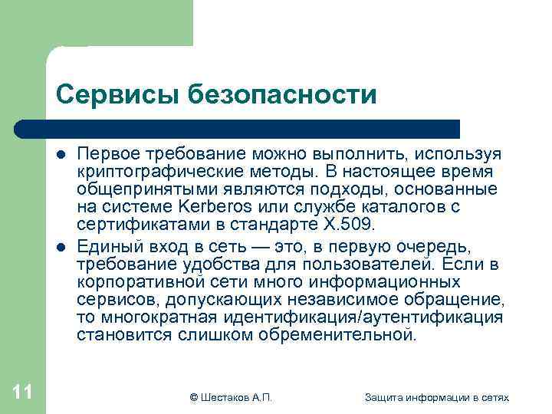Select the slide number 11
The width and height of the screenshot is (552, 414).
pyautogui.click(x=22, y=393)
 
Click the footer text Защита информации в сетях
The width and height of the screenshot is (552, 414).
pyautogui.click(x=437, y=396)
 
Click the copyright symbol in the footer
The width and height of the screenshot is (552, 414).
pyautogui.click(x=193, y=396)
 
